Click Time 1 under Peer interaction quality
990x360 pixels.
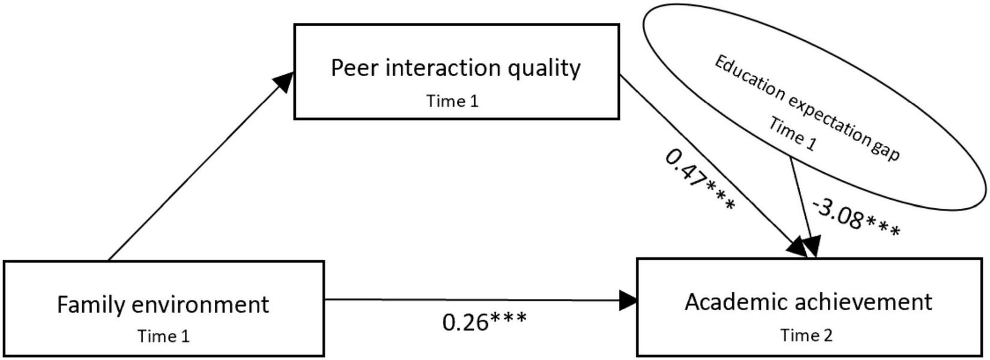click(452, 101)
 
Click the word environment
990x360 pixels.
click(199, 305)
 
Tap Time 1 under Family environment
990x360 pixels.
click(163, 337)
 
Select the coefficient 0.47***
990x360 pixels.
click(699, 179)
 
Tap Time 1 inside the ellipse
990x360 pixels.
click(792, 135)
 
